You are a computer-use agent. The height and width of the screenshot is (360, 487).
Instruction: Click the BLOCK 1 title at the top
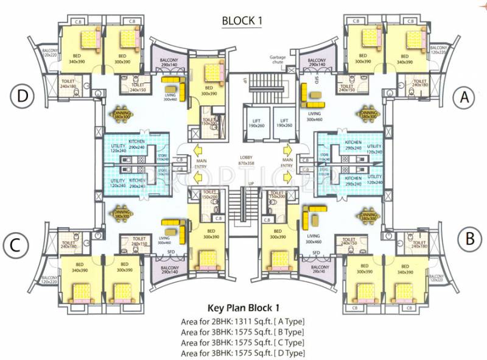pyautogui.click(x=242, y=21)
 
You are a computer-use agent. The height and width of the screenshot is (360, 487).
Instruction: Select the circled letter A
pyautogui.click(x=465, y=96)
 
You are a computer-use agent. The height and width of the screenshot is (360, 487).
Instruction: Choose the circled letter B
pyautogui.click(x=469, y=238)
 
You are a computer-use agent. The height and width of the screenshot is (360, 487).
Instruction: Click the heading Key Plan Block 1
pyautogui.click(x=243, y=307)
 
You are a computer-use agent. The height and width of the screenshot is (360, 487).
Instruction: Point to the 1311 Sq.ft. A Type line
pyautogui.click(x=242, y=321)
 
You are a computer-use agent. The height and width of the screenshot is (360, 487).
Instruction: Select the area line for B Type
pyautogui.click(x=242, y=331)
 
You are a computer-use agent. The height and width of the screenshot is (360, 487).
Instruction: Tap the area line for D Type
pyautogui.click(x=242, y=353)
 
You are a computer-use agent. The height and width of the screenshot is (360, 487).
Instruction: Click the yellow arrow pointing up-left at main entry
pyautogui.click(x=198, y=149)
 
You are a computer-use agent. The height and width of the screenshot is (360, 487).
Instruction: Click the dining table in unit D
pyautogui.click(x=121, y=113)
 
